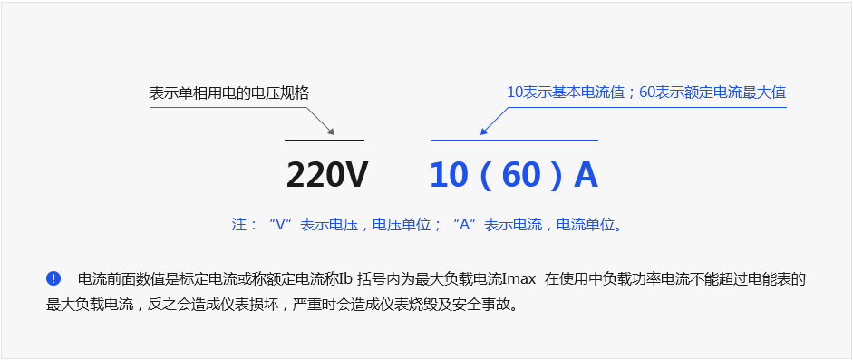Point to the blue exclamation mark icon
[53, 278]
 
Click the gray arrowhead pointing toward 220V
[330, 132]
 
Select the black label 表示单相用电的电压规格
[228, 93]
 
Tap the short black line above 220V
[324, 141]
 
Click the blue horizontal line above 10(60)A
[514, 141]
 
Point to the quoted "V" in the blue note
[282, 225]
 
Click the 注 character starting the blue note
[239, 225]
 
